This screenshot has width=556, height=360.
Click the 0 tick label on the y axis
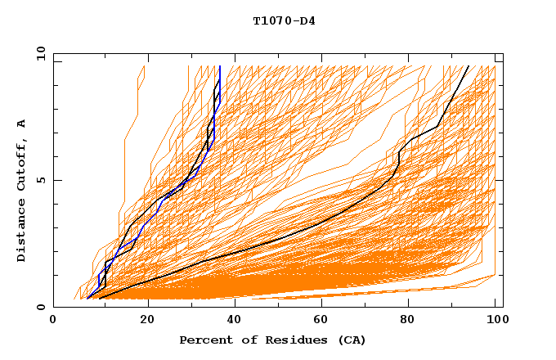pyautogui.click(x=40, y=307)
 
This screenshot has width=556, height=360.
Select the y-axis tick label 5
pyautogui.click(x=40, y=180)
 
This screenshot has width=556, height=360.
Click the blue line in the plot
pyautogui.click(x=219, y=82)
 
